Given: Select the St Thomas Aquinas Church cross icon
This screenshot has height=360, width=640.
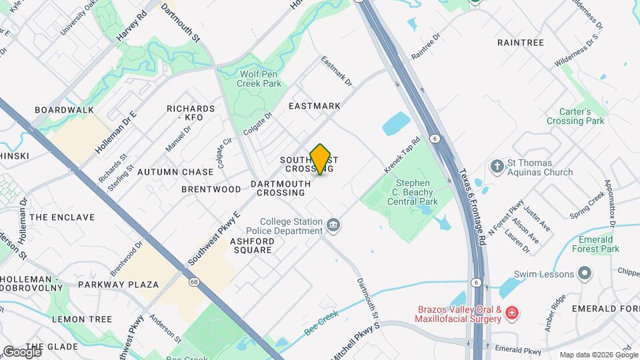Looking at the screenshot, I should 497,165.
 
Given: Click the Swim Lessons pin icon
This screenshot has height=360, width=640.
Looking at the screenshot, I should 585,274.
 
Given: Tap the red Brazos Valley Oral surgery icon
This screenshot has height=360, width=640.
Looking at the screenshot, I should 511,312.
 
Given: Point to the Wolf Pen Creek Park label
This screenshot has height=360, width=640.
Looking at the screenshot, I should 260,79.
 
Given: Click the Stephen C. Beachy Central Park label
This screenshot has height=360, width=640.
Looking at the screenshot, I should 416,191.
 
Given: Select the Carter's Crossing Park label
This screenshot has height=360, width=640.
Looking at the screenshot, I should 575,116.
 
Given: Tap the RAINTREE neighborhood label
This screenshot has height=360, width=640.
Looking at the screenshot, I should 521,43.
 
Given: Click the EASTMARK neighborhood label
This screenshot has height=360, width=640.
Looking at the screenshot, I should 314,106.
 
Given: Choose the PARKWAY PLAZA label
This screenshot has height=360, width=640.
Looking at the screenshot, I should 118,285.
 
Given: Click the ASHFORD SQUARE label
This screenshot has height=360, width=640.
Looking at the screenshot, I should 251,245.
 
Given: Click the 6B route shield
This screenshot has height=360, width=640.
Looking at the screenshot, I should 194,282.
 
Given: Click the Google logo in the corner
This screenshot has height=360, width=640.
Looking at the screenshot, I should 21,351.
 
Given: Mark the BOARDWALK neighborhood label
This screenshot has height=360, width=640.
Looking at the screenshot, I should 64,110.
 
